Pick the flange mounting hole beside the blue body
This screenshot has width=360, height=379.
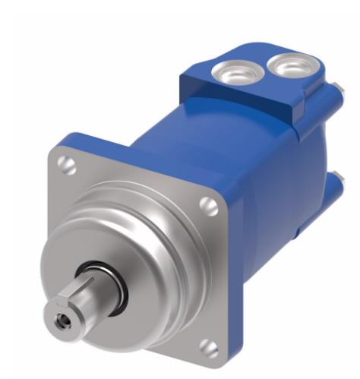(x=205, y=203)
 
